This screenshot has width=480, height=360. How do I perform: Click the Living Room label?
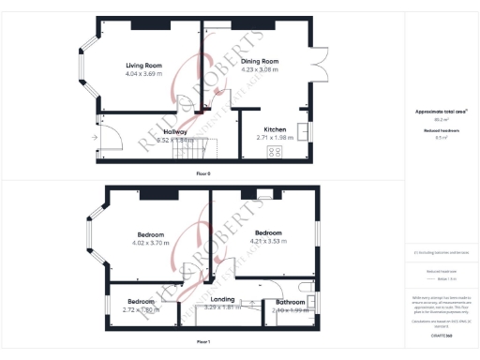pos(144,65)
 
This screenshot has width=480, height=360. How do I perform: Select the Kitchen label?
pos(275,128)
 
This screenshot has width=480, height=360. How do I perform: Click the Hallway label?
pos(175,132)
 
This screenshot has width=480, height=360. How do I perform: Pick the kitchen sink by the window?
pos(303,130)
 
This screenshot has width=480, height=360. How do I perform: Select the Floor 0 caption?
pos(203,173)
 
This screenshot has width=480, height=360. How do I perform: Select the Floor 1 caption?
pos(203,342)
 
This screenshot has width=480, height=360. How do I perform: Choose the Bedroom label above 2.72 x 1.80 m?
pos(141,301)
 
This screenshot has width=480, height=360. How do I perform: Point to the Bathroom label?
pos(290,302)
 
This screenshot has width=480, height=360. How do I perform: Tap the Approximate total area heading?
pos(442,111)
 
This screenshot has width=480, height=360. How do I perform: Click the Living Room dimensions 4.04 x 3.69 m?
pos(144,72)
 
